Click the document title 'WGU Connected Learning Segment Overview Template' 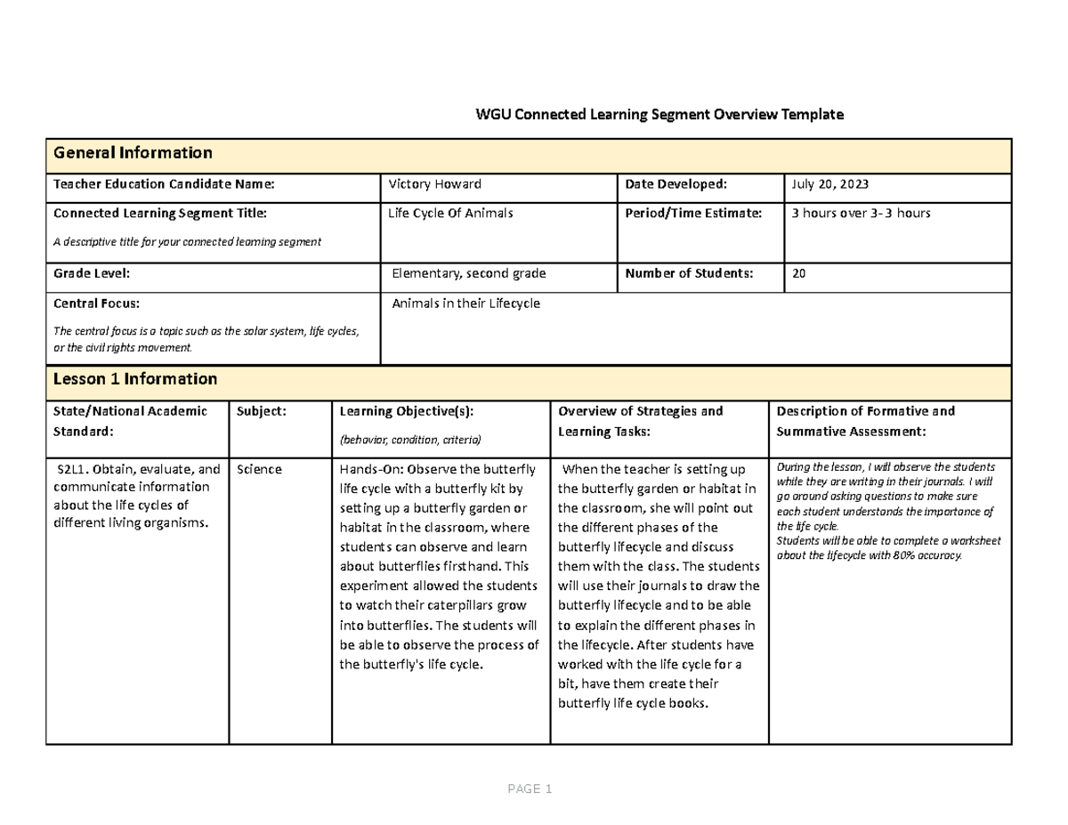659,115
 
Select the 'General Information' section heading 133,153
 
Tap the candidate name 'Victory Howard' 435,184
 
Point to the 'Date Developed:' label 676,184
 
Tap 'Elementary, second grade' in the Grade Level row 469,274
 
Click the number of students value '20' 798,274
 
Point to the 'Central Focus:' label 97,303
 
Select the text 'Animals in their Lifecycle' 465,303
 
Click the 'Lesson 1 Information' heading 135,379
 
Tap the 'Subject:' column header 261,411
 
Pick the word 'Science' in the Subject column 259,469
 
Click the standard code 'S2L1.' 72,469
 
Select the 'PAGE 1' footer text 530,789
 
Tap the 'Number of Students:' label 689,274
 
